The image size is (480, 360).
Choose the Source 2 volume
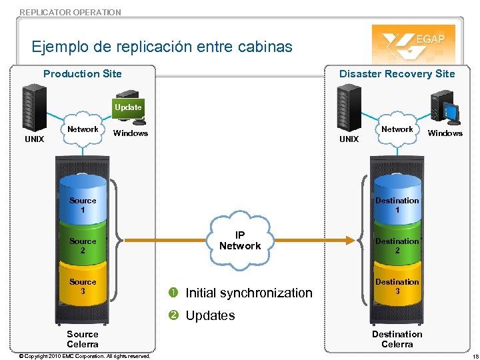click(83, 245)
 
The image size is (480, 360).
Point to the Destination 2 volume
click(397, 245)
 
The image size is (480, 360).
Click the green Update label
click(128, 107)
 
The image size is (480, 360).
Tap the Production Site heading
click(82, 74)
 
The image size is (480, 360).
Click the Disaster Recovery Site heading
click(397, 74)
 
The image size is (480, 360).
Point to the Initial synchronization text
click(248, 293)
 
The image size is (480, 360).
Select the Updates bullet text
click(210, 315)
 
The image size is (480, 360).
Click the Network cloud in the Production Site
click(83, 129)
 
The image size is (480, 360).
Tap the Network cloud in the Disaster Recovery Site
click(397, 129)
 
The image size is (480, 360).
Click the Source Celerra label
click(83, 339)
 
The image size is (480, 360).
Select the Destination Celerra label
click(397, 339)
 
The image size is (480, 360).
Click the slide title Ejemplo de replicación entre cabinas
click(162, 47)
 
